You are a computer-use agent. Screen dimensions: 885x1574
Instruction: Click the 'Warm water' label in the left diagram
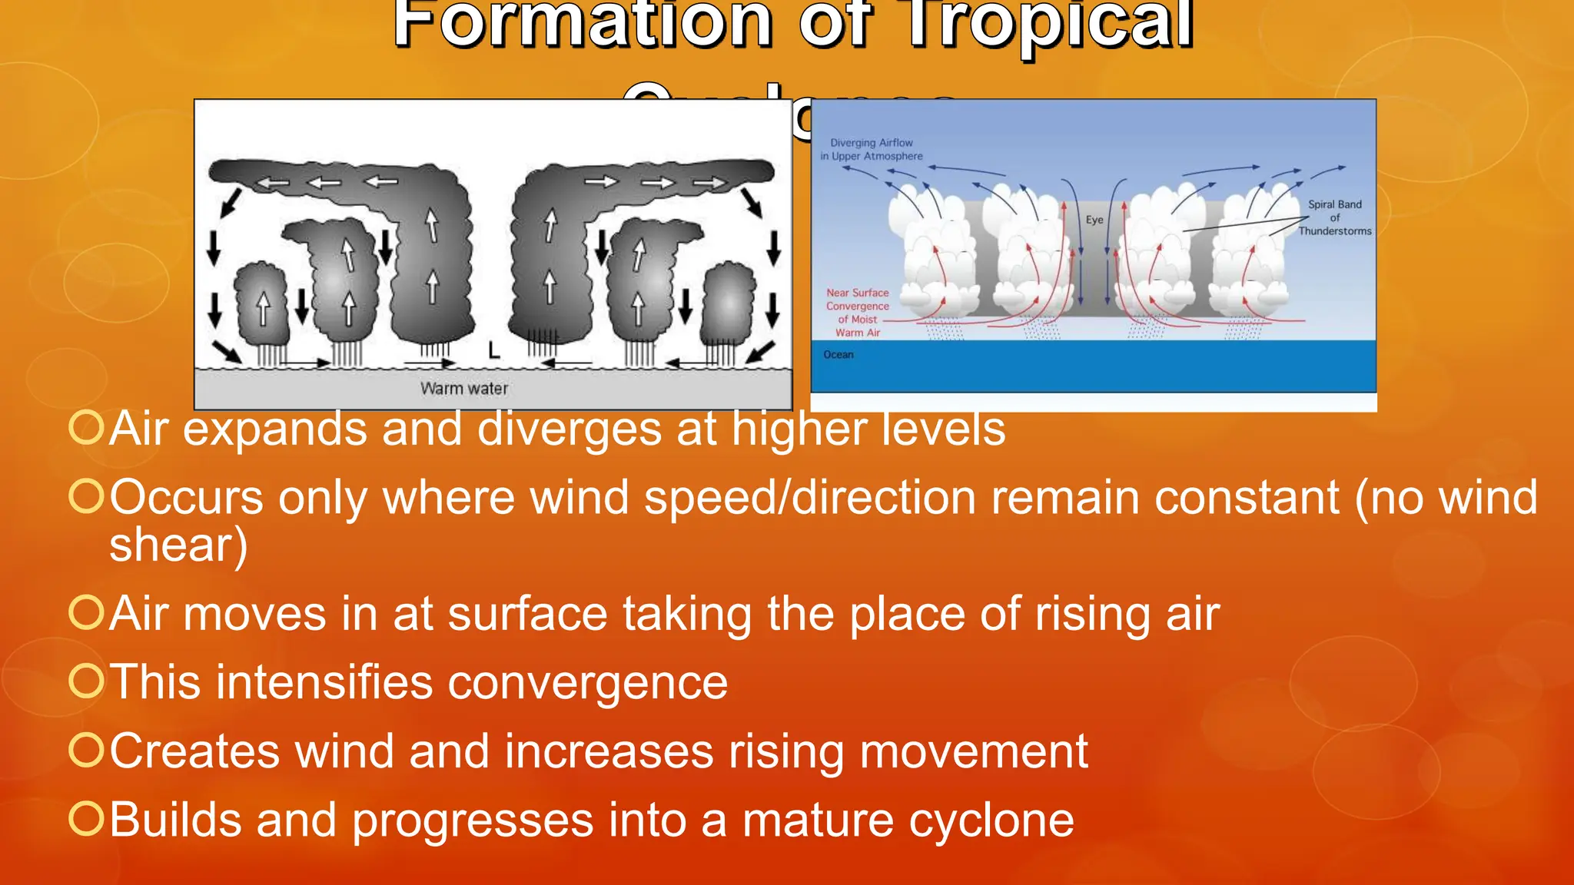[464, 389]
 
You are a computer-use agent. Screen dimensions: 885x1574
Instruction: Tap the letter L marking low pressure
[494, 351]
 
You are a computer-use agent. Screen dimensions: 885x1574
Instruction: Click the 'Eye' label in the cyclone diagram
[1094, 220]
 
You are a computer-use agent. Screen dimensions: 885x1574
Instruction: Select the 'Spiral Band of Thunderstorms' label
[1335, 217]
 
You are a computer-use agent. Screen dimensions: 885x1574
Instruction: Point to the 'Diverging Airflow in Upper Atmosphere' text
[872, 149]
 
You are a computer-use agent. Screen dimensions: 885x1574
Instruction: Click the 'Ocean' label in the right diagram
[838, 355]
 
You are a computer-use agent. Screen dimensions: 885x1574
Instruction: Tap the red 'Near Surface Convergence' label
[858, 312]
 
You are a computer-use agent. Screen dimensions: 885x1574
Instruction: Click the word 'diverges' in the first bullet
[569, 429]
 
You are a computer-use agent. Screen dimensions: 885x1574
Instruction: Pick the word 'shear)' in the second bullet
[178, 545]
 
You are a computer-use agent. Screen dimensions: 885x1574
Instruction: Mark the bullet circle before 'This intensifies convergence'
[86, 681]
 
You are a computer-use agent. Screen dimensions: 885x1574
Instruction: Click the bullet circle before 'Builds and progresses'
[86, 818]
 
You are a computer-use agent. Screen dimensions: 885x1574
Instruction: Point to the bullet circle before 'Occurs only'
[86, 496]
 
